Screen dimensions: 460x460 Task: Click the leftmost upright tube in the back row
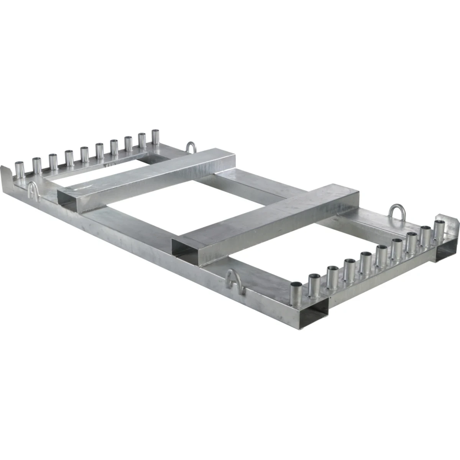coord(19,169)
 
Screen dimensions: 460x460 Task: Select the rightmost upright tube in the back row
coord(156,137)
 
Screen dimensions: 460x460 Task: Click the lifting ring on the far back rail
coord(191,148)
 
